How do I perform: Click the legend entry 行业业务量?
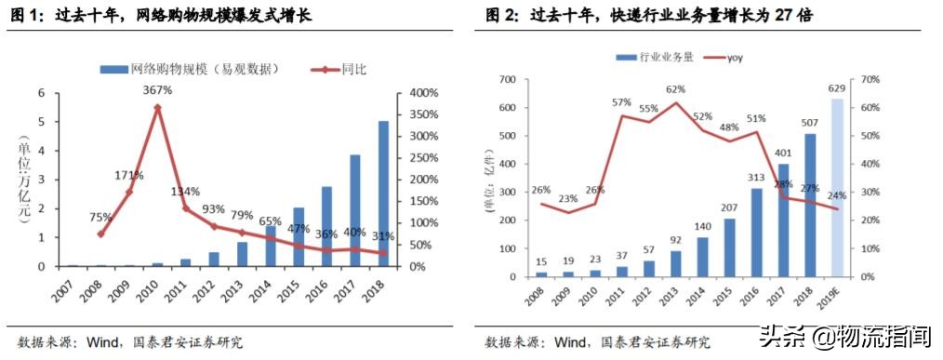click(666, 58)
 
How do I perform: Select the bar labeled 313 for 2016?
click(757, 233)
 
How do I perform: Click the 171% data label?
click(128, 175)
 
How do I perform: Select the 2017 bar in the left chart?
click(353, 210)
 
